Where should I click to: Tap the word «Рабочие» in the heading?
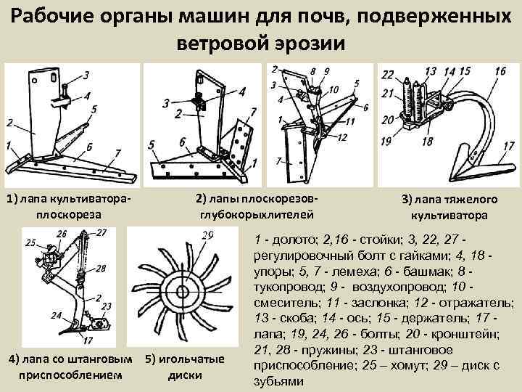[x=55, y=15]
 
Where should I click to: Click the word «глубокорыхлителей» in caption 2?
[x=257, y=214]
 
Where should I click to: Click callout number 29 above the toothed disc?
[x=208, y=235]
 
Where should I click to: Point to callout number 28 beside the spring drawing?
[x=101, y=268]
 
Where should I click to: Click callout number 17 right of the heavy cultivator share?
[x=507, y=147]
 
